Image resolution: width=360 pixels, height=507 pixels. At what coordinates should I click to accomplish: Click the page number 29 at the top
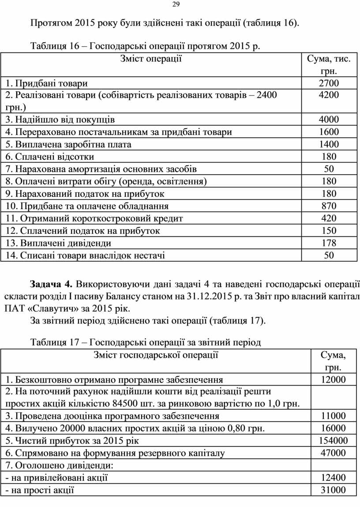point(176,5)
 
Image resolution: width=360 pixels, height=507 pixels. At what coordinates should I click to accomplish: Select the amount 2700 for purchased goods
point(329,83)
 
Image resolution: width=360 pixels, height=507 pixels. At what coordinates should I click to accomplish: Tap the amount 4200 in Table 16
point(329,95)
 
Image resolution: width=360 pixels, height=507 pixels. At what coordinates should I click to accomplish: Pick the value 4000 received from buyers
point(329,120)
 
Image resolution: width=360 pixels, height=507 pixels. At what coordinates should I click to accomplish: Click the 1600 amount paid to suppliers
point(329,132)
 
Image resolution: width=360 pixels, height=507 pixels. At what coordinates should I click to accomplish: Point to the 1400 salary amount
point(329,144)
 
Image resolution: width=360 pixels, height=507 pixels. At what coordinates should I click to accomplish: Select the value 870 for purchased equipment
point(329,206)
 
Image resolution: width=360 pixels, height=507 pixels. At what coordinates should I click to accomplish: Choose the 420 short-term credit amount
point(329,218)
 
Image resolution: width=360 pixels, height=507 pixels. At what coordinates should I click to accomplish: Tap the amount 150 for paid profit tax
point(329,231)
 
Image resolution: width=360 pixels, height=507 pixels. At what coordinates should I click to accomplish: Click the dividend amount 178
point(329,243)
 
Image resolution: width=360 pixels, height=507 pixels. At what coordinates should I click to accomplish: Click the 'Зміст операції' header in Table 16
point(151,59)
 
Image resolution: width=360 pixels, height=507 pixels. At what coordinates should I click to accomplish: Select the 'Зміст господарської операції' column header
point(156,355)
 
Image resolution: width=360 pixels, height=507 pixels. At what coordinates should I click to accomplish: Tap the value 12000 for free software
point(333,379)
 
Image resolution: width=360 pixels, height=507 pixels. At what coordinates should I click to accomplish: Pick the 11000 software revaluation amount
point(333,416)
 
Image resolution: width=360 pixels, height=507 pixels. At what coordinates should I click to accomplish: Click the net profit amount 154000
point(333,440)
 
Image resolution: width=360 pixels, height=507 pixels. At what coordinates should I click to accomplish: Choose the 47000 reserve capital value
point(333,453)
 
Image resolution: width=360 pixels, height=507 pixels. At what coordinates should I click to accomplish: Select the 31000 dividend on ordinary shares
point(333,490)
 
